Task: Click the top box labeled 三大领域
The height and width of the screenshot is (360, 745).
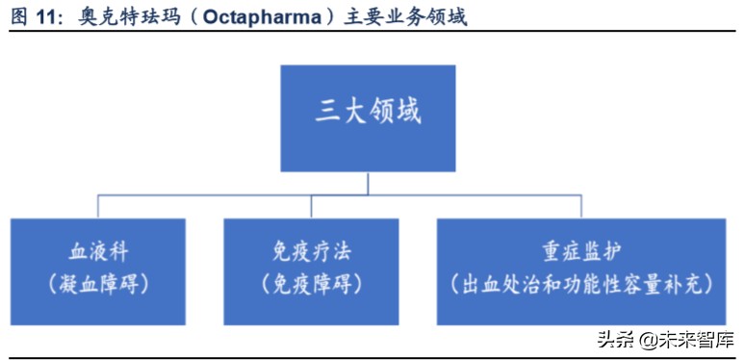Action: coord(368,118)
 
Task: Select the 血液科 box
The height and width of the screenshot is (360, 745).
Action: coord(98,270)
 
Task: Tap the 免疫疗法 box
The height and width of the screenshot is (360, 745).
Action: coord(311,270)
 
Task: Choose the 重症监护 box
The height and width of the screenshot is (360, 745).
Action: coord(580,270)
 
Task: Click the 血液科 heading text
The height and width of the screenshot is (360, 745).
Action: coord(98,253)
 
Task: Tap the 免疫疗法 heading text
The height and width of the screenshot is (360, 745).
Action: coord(311,253)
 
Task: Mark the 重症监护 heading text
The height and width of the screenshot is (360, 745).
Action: coord(580,253)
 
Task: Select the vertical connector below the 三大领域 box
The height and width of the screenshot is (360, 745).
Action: coord(368,183)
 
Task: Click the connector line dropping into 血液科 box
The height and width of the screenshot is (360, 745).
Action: coord(98,206)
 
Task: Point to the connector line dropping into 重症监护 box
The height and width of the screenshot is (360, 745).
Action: coord(580,206)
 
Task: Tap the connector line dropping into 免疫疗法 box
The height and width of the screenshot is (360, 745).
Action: coord(310,206)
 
